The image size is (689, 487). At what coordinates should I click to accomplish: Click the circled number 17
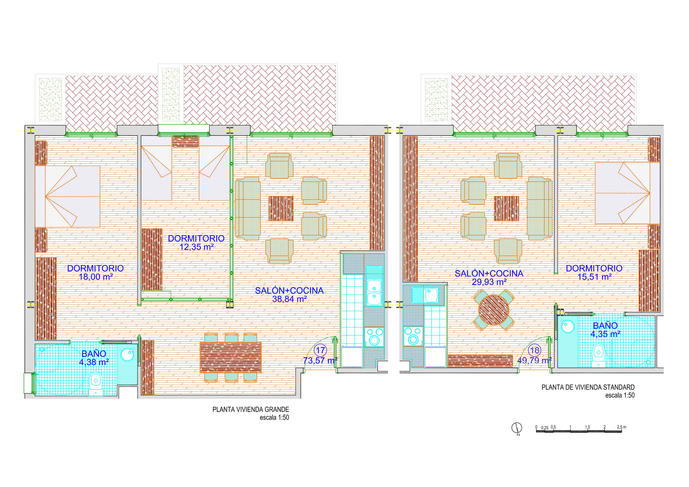(x=320, y=350)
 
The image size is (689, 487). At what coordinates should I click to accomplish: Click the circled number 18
(x=535, y=350)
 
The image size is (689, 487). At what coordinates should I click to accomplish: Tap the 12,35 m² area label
(x=197, y=247)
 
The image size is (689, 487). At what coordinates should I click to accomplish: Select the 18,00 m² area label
(x=96, y=277)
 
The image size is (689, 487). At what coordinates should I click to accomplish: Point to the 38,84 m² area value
(x=289, y=299)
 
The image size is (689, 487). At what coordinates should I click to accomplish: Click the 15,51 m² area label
(x=595, y=277)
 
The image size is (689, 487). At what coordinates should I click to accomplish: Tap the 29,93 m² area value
(x=489, y=282)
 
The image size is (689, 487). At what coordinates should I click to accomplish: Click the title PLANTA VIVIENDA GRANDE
(x=250, y=409)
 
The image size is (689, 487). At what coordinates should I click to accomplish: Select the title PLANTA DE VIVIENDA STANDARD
(x=588, y=387)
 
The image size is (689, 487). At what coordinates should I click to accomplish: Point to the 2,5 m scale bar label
(x=622, y=427)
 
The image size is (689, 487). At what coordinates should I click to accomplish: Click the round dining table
(x=494, y=310)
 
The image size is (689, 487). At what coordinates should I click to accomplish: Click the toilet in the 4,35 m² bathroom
(x=598, y=356)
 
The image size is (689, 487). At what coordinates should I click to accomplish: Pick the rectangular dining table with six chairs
(x=230, y=357)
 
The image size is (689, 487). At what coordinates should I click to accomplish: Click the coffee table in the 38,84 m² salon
(x=281, y=209)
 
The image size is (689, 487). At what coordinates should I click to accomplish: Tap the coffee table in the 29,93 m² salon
(x=507, y=209)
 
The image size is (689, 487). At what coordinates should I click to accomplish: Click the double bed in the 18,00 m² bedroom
(x=68, y=197)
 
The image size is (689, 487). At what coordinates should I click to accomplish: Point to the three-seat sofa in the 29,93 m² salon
(x=540, y=209)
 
